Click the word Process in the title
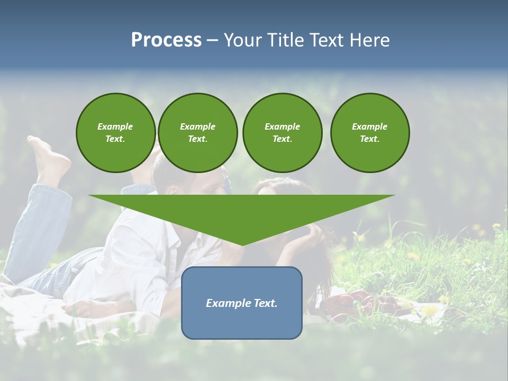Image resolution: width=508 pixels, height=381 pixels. click(x=166, y=40)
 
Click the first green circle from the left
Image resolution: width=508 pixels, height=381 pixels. click(x=115, y=133)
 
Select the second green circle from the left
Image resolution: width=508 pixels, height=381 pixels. click(x=197, y=133)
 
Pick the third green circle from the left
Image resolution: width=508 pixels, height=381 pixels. click(x=282, y=133)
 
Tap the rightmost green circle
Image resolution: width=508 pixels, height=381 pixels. click(x=369, y=133)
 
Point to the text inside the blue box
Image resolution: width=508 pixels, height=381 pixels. click(x=242, y=303)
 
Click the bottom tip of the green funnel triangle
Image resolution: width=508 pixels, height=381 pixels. click(x=242, y=244)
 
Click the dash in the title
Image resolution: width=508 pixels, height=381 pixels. click(x=212, y=40)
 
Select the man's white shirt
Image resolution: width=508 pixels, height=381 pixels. click(x=138, y=254)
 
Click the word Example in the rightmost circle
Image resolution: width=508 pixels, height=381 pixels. click(x=369, y=126)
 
